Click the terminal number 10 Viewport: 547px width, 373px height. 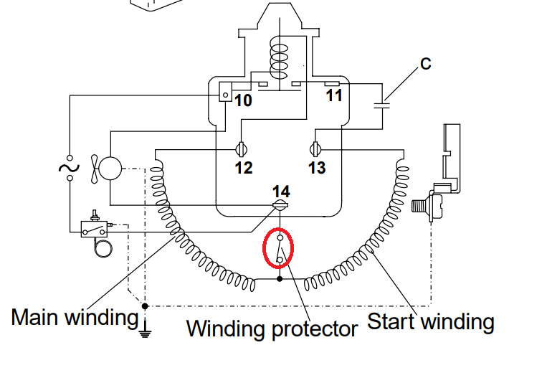244,100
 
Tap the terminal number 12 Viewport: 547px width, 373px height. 243,167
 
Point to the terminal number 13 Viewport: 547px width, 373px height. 317,167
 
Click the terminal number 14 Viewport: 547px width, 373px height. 281,192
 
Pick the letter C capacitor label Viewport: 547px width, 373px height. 425,64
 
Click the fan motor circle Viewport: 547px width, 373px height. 110,169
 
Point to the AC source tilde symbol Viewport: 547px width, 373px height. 70,167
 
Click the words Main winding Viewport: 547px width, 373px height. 74,317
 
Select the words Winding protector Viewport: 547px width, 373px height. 272,329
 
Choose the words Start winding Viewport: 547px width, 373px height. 431,321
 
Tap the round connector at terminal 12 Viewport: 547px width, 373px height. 242,150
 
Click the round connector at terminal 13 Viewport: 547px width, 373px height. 315,150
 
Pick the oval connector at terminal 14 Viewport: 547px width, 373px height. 280,206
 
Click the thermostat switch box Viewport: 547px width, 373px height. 94,230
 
